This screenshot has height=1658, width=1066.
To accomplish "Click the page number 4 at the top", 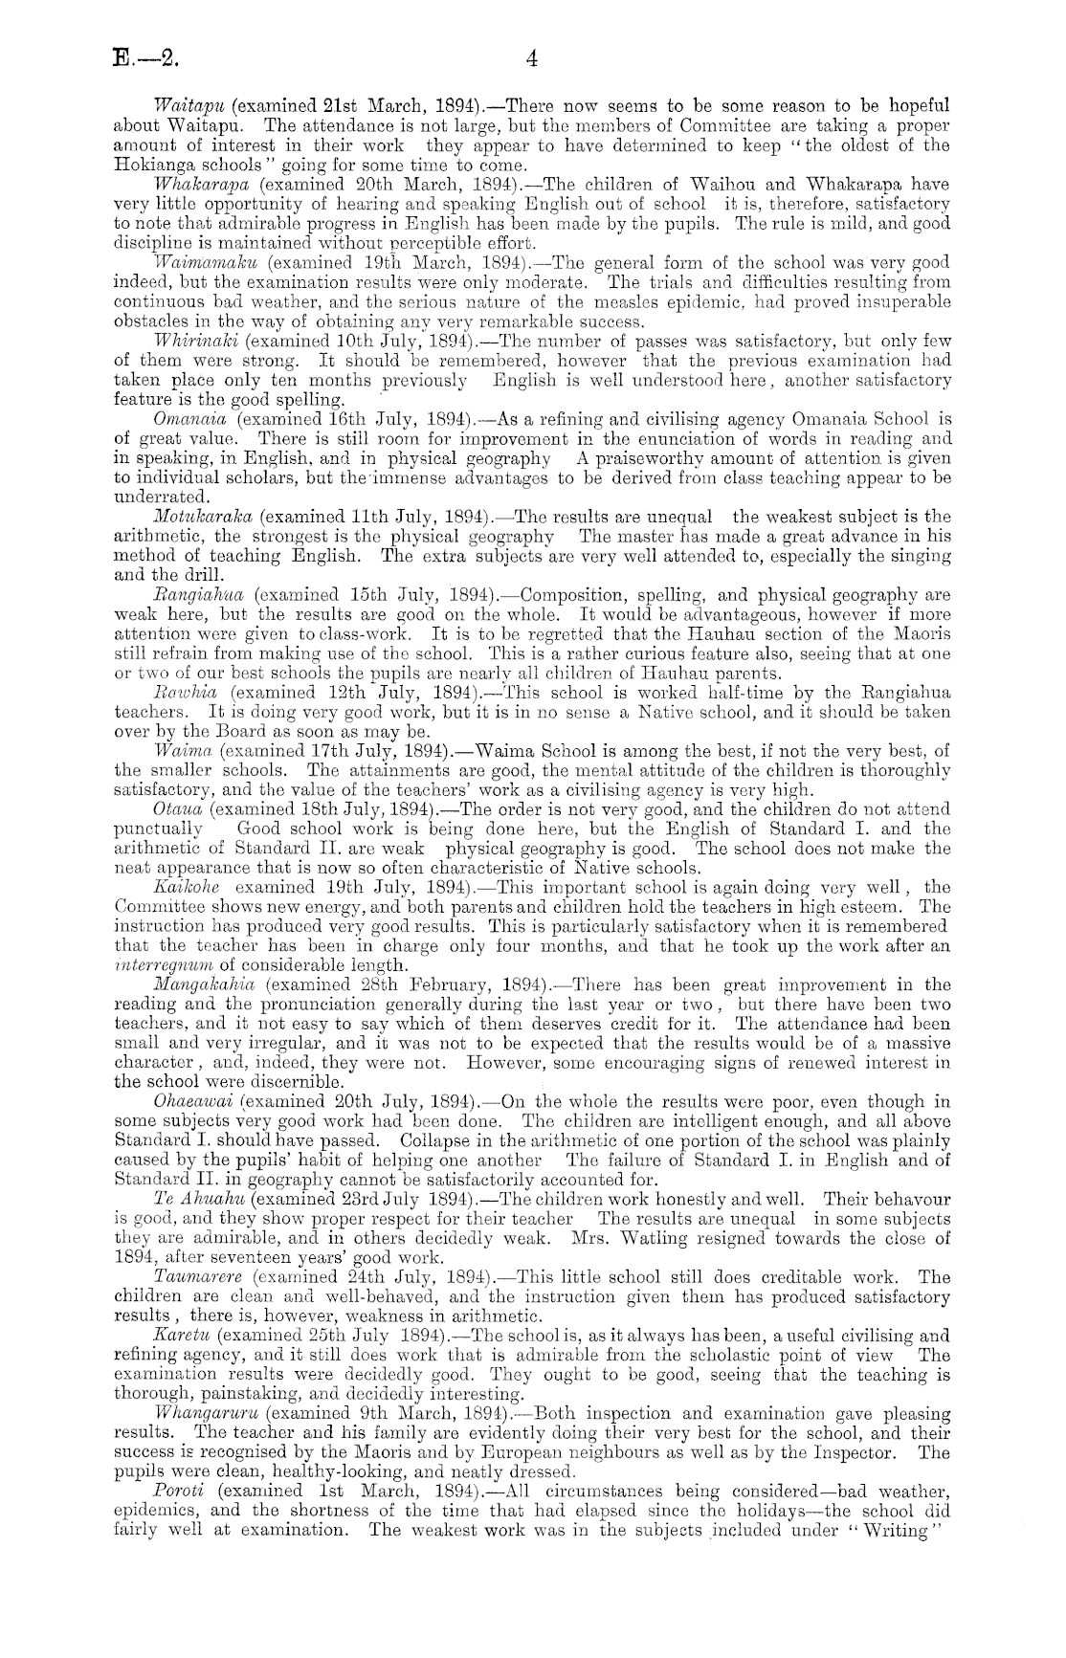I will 533,59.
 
